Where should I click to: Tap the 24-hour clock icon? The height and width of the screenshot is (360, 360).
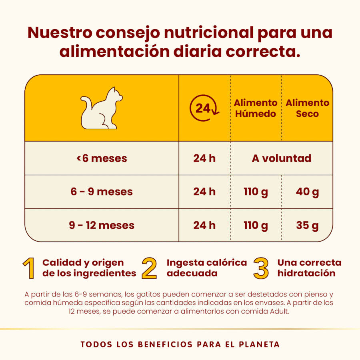point(204,108)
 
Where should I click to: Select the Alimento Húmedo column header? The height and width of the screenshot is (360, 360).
point(256,108)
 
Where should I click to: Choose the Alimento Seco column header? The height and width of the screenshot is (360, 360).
point(307,108)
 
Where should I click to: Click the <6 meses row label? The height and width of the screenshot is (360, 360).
point(102,158)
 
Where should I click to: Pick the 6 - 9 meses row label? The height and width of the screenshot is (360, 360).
point(102,192)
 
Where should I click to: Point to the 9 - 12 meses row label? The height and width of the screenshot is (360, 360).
point(102,225)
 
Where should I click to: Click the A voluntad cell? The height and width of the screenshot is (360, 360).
point(282,158)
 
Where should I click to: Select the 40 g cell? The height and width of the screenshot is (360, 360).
point(307,192)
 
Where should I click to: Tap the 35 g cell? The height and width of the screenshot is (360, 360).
point(307,225)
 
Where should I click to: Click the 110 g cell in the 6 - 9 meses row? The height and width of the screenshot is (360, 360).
point(256,192)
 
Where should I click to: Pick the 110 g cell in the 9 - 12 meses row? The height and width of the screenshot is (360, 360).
point(256,225)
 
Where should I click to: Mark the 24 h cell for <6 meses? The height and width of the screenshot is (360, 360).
point(204,158)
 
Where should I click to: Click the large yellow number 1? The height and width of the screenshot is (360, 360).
point(29,268)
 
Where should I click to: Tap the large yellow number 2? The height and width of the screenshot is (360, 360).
point(149,268)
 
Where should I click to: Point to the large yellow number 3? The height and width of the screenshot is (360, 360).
point(261,268)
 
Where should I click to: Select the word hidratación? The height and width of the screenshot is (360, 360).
point(306,274)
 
